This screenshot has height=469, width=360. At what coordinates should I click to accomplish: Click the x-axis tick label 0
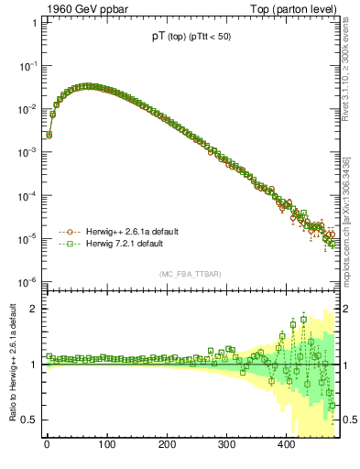point(47,445)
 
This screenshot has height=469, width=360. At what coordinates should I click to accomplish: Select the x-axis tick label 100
point(106,445)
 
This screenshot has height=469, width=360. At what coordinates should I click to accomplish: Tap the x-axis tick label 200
point(167,445)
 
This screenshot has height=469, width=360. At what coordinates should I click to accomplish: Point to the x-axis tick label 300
point(226,445)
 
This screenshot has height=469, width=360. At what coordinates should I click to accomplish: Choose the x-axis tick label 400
point(286,445)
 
